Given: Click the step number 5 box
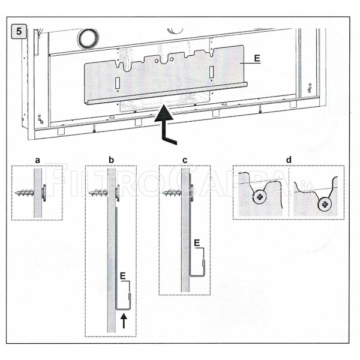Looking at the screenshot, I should [19, 31].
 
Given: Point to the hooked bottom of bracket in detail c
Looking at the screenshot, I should [197, 273].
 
